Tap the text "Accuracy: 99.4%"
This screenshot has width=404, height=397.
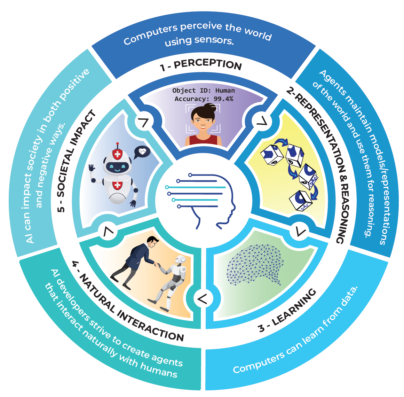(x=204, y=99)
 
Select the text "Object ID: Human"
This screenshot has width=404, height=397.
(x=204, y=91)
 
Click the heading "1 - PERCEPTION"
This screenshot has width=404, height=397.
(x=201, y=64)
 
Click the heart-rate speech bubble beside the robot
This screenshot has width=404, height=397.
(x=142, y=152)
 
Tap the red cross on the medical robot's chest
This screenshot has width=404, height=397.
(x=118, y=185)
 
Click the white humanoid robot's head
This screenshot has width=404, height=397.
(x=180, y=259)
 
